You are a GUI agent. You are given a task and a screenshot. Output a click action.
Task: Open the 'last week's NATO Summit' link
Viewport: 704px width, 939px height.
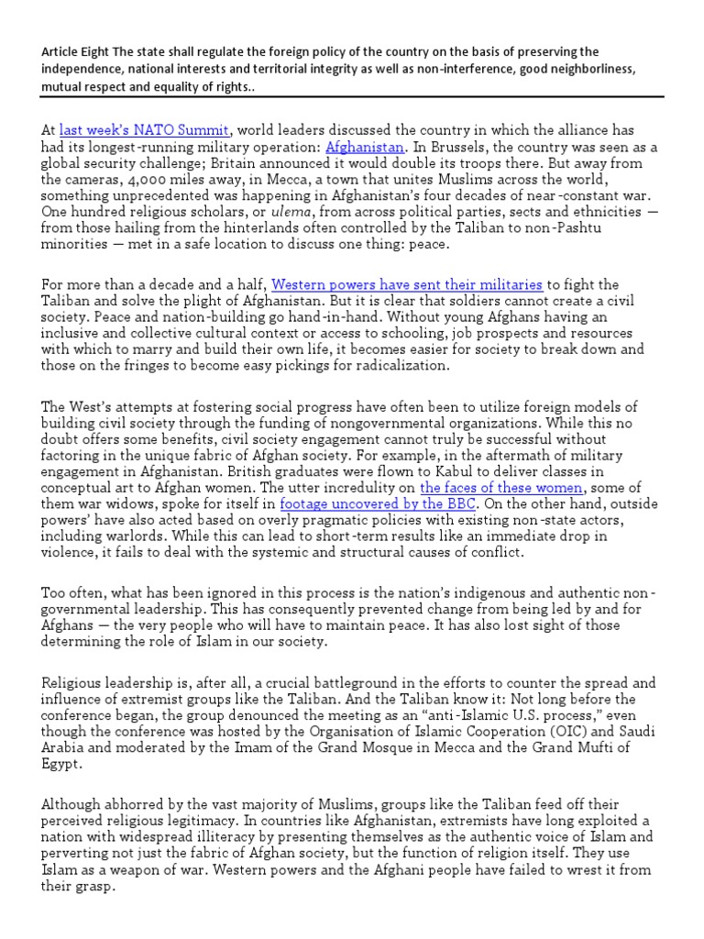pos(144,131)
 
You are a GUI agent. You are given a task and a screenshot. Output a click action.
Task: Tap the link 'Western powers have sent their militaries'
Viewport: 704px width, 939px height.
pos(407,285)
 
